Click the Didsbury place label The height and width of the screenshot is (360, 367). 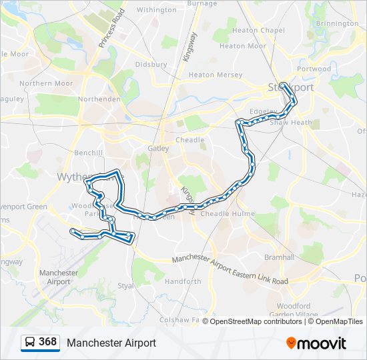click(151, 65)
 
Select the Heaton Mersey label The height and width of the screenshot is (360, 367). click(216, 75)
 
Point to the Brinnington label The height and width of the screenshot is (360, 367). click(337, 23)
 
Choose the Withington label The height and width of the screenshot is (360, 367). click(156, 10)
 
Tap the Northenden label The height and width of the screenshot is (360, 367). click(99, 99)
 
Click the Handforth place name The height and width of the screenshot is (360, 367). click(183, 281)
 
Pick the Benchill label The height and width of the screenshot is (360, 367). click(89, 153)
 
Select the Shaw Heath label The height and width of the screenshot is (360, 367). click(291, 123)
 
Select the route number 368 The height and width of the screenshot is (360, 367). click(48, 342)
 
